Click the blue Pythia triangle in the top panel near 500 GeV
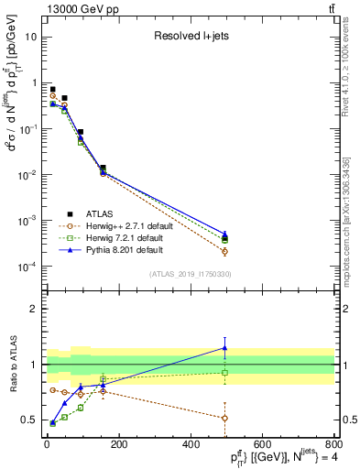tap(224, 234)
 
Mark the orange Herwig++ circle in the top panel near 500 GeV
tap(224, 251)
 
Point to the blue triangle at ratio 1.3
tap(224, 347)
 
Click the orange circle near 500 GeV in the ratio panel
tap(224, 418)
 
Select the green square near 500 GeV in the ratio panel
tap(224, 373)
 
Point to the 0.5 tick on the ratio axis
tap(29, 420)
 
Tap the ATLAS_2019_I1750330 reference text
tap(191, 274)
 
